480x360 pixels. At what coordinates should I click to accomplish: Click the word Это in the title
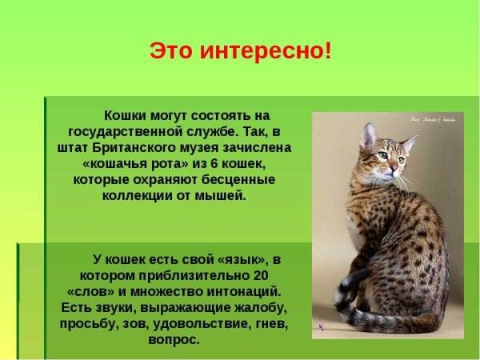pos(170,51)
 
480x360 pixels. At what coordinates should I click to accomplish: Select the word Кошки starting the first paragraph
pos(126,115)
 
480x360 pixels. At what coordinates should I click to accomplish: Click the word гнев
pos(270,323)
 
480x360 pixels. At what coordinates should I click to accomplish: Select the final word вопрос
pos(174,339)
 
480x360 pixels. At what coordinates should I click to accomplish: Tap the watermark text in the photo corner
pos(433,119)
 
